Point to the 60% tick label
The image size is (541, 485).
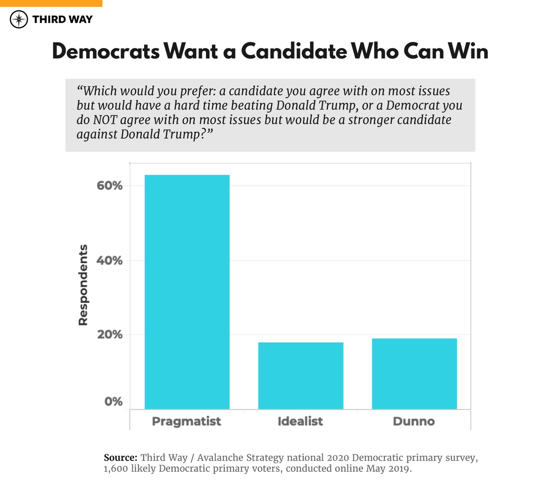(109, 185)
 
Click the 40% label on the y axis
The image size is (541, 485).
(109, 260)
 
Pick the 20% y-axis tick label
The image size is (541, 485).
(109, 334)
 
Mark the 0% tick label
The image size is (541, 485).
(113, 402)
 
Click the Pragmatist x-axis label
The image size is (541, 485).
(186, 421)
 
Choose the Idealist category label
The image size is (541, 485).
(300, 421)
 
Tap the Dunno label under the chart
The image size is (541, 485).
(414, 421)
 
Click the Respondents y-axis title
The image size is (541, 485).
(83, 285)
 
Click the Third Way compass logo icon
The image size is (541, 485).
(19, 19)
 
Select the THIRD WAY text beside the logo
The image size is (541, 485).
(63, 19)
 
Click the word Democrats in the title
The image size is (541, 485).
(106, 51)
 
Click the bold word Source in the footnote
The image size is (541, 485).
(120, 458)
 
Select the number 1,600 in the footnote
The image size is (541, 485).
(116, 469)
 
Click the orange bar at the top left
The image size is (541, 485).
(51, 3)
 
